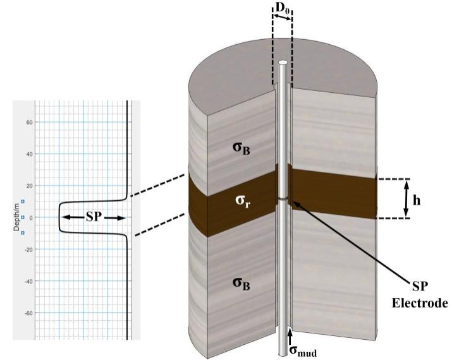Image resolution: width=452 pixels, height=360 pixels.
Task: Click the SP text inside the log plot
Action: [93, 217]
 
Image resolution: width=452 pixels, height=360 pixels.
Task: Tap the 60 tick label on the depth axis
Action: [29, 123]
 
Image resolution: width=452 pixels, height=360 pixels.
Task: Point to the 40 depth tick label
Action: [29, 154]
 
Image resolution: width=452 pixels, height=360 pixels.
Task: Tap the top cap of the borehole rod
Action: [283, 63]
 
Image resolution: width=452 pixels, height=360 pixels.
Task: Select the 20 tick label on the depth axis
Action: [29, 186]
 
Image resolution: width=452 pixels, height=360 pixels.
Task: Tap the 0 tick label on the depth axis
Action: [31, 217]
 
